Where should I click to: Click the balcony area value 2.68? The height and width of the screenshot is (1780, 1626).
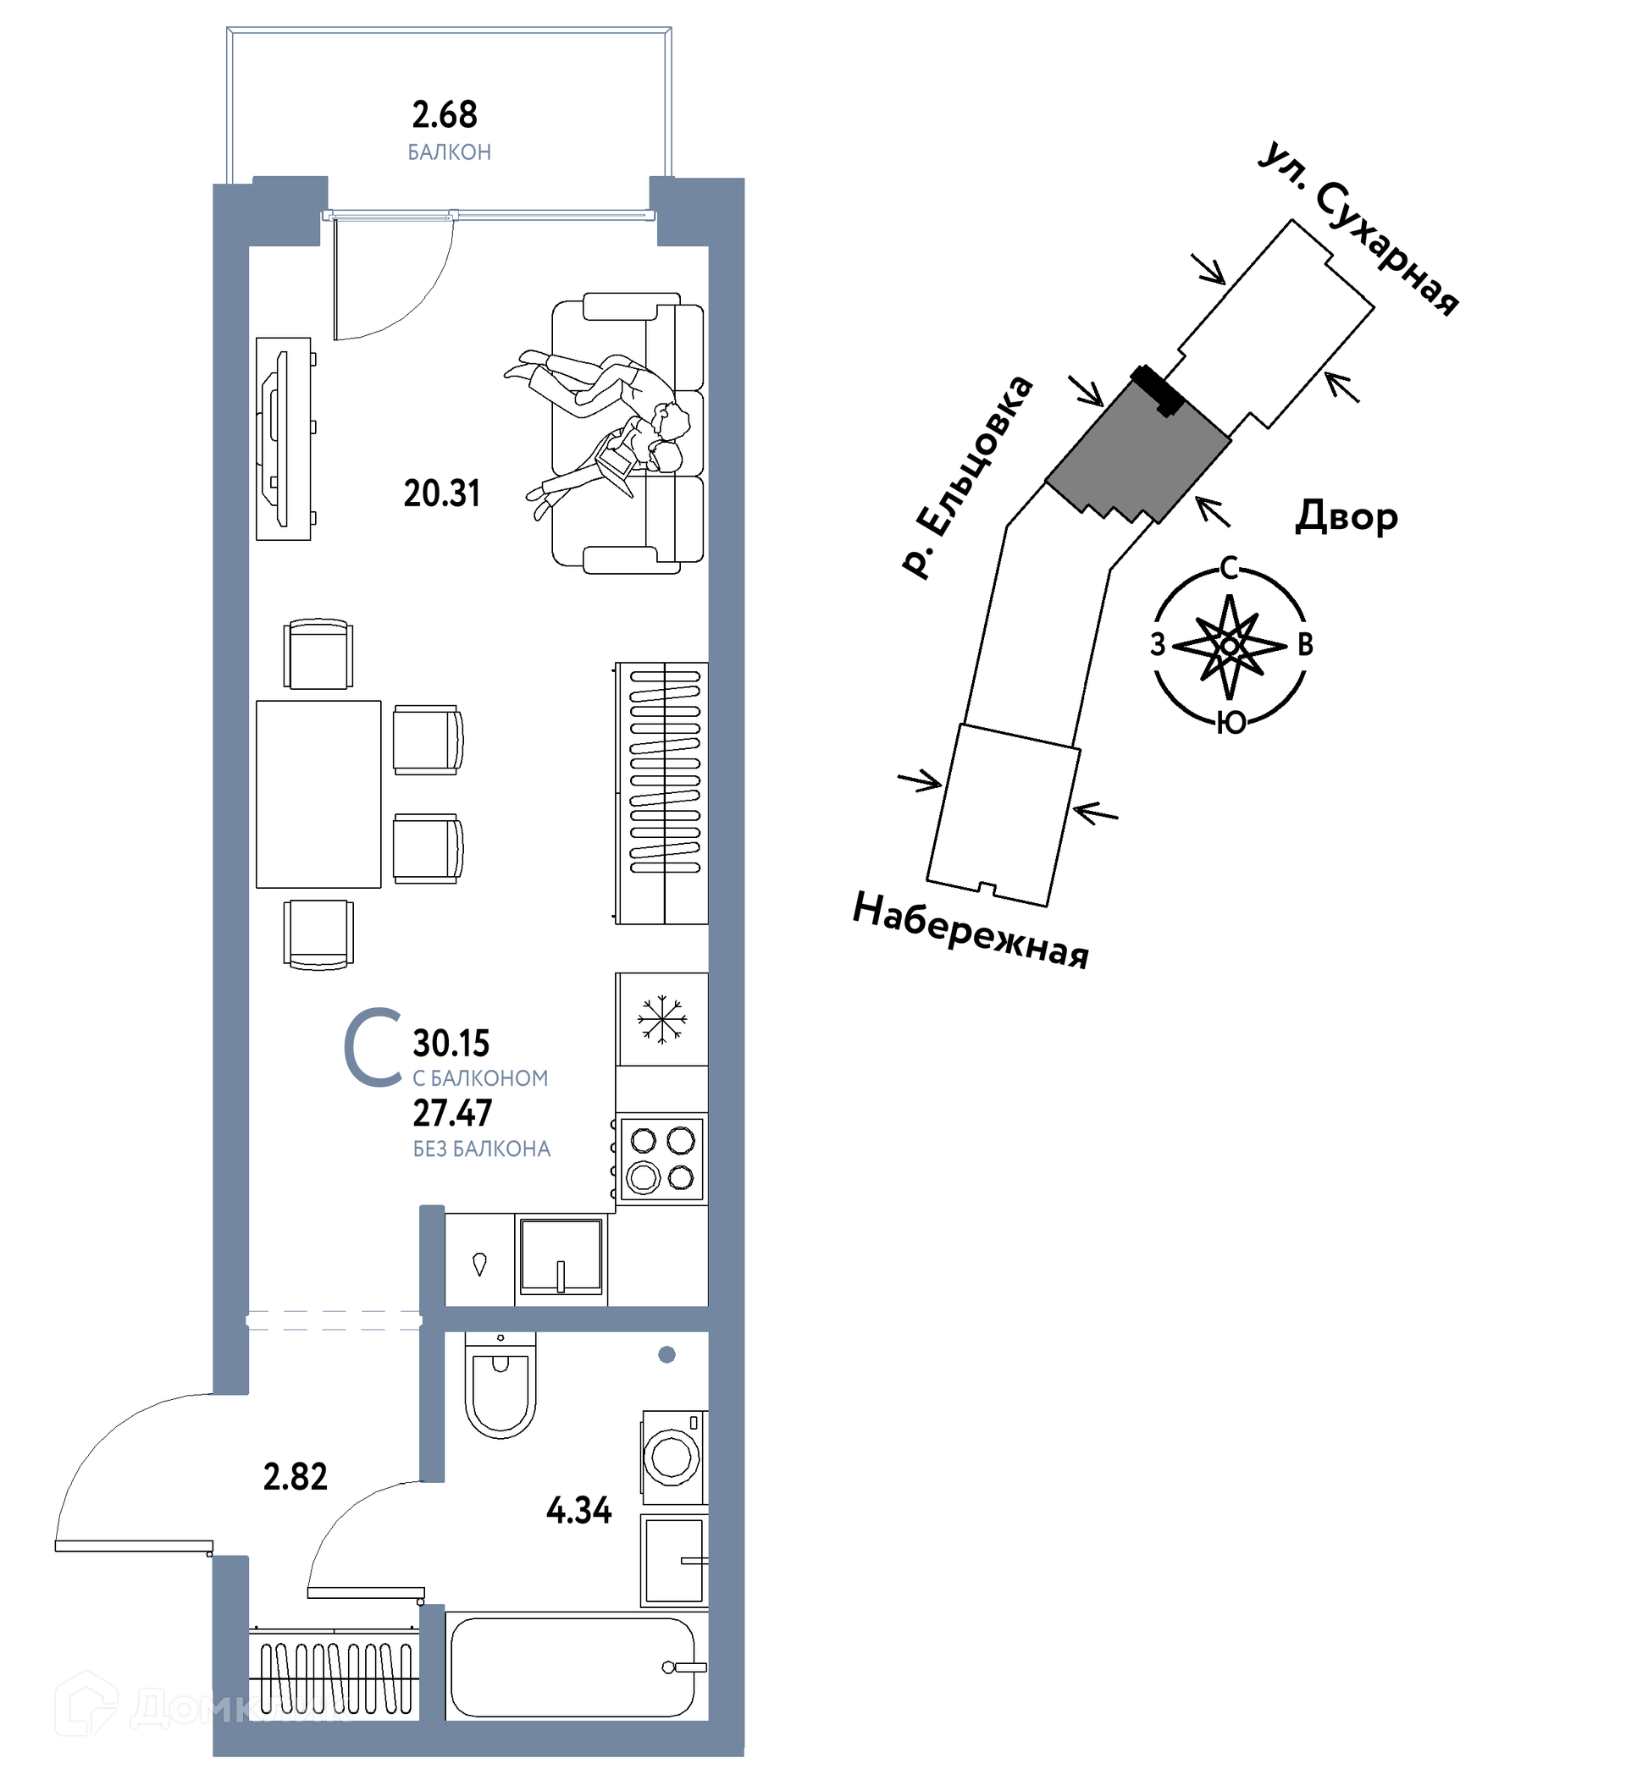pos(445,115)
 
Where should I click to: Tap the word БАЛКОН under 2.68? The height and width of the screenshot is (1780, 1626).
pos(449,152)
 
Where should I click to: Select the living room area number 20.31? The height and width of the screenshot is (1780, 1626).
pos(441,493)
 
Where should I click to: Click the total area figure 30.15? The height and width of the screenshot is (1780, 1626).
pos(451,1043)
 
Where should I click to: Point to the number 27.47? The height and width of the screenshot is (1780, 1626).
pos(452,1113)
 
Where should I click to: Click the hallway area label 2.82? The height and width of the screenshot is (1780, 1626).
pos(295,1476)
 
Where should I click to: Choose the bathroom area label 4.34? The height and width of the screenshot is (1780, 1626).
pos(578,1510)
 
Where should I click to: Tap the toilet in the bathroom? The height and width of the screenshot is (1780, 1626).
pos(500,1385)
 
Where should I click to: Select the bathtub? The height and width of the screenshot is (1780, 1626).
pos(576,1667)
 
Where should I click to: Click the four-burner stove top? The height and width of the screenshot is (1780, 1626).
pos(661,1160)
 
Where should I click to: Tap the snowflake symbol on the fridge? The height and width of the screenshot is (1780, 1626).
pos(661,1020)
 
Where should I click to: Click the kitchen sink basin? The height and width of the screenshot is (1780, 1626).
pos(561,1254)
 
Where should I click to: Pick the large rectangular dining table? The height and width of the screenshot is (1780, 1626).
pos(318,794)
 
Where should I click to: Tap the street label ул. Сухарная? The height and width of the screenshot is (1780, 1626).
pos(1358,228)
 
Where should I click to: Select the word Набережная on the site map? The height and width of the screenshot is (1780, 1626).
pos(971,930)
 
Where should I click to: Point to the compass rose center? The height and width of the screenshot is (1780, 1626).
pos(1230,647)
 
